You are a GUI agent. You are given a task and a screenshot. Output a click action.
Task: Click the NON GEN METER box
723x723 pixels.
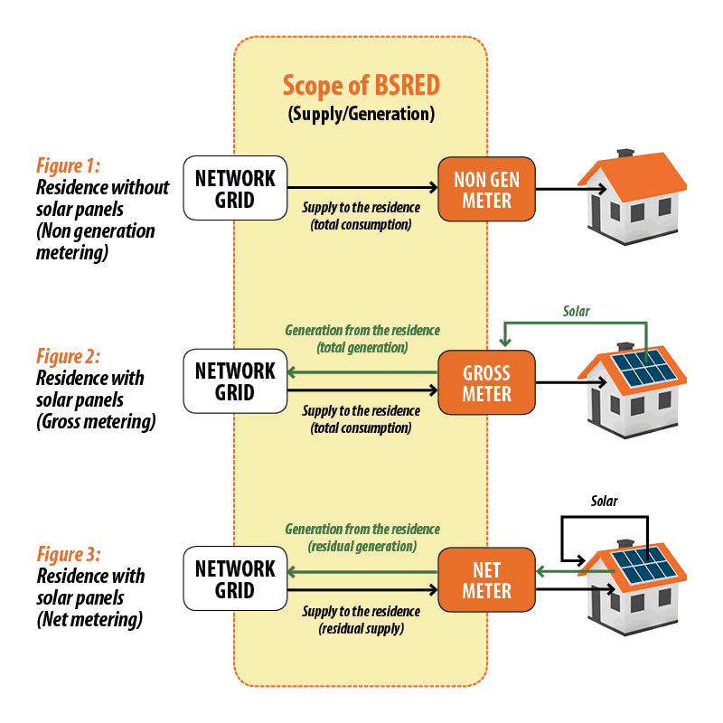(x=486, y=189)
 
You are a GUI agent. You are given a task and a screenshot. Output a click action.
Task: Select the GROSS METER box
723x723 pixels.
(x=486, y=383)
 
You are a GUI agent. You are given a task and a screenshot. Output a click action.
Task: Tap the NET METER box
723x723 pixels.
(x=486, y=580)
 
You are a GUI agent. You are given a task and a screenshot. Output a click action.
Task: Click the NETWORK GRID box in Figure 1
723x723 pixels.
(x=235, y=189)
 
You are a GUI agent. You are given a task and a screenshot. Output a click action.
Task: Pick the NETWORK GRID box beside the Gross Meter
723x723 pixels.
(x=235, y=382)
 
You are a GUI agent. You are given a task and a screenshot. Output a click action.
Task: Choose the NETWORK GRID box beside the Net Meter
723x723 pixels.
(x=235, y=579)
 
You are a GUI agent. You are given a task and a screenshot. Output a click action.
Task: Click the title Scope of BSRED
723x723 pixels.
(x=361, y=85)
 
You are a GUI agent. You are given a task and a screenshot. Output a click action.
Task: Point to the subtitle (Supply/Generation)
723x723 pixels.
(x=361, y=115)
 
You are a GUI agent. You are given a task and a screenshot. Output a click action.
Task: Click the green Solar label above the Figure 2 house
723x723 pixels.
(x=576, y=311)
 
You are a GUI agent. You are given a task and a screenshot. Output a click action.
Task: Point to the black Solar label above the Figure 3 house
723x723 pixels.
(x=605, y=500)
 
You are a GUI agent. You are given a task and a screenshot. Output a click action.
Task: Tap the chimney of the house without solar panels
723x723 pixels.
(x=624, y=154)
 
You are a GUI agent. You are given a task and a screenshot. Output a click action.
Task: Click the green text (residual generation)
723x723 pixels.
(x=362, y=547)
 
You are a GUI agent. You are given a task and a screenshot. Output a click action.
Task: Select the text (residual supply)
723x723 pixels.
(x=361, y=628)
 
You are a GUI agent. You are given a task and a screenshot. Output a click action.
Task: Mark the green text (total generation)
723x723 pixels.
(x=362, y=348)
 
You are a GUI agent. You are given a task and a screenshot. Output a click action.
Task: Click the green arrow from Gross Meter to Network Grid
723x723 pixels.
(x=361, y=372)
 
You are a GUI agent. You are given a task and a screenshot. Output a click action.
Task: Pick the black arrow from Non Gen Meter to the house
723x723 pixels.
(x=569, y=189)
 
